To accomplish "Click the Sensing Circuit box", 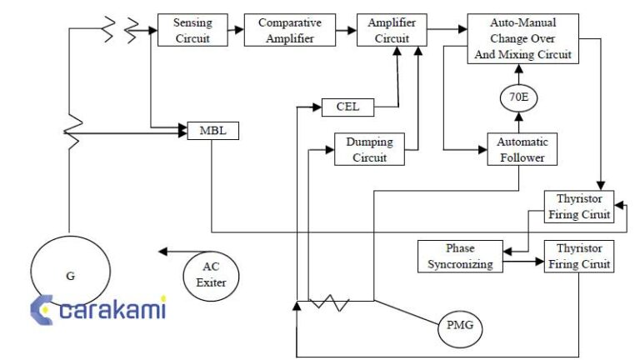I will click(192, 30).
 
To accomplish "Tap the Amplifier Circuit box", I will click(392, 30).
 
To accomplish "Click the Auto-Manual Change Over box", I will click(522, 38).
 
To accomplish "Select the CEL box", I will click(347, 107).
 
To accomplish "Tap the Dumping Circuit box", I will click(369, 149).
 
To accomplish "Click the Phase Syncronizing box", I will click(460, 257).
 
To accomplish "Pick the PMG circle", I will click(460, 323).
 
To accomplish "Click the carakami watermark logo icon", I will click(42, 309).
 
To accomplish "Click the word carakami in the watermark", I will click(113, 310).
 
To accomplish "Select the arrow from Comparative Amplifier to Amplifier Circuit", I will click(342, 30).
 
